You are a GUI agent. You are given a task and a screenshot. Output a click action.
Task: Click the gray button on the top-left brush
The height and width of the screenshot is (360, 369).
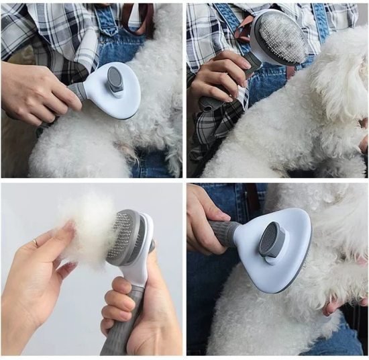click(115, 81)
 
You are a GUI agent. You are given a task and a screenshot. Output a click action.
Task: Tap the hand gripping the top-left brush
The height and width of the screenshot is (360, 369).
click(37, 94)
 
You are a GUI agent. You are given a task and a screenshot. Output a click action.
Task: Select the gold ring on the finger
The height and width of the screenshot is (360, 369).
click(36, 242)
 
